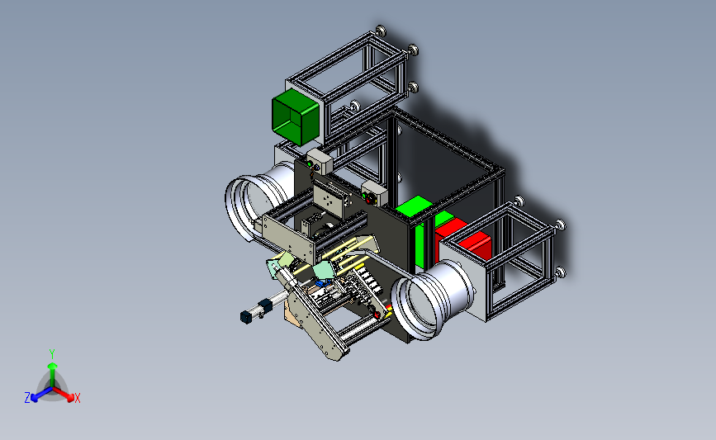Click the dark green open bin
pyautogui.click(x=295, y=116)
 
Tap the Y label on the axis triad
pyautogui.click(x=52, y=354)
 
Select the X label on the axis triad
pyautogui.click(x=77, y=398)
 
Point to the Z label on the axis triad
pyautogui.click(x=27, y=398)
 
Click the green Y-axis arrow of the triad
pyautogui.click(x=53, y=375)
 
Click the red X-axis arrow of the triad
pyautogui.click(x=64, y=394)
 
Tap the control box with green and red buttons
pyautogui.click(x=374, y=193)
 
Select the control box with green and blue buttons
pyautogui.click(x=319, y=161)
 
